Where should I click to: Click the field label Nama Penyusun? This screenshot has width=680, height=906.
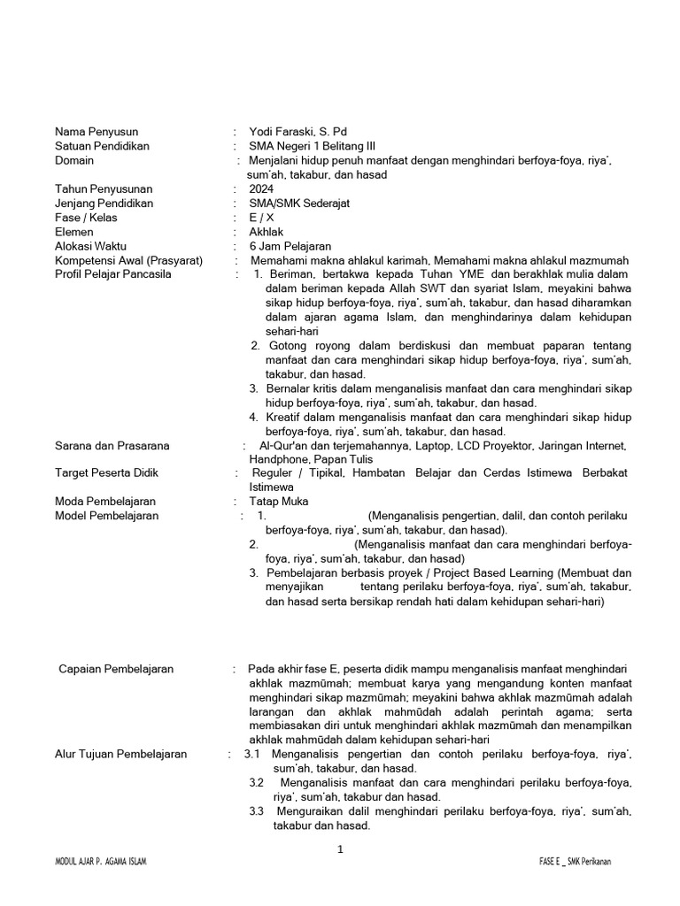[x=97, y=132]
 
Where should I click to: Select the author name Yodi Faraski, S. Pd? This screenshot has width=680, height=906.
[x=297, y=132]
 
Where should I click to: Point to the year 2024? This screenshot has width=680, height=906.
[x=262, y=188]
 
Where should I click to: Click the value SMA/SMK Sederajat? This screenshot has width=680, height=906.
[x=299, y=203]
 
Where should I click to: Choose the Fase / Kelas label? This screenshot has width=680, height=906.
[x=86, y=217]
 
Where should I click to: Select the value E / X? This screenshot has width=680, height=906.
[x=262, y=217]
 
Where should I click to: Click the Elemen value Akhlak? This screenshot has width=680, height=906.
[x=267, y=231]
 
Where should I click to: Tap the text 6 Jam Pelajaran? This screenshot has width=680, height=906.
[x=290, y=246]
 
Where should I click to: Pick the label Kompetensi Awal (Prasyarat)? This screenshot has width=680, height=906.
[x=128, y=260]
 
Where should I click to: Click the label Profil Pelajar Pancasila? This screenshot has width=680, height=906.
[x=113, y=274]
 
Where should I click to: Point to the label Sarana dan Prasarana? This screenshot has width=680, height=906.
[x=112, y=446]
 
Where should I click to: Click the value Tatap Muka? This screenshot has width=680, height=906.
[x=278, y=502]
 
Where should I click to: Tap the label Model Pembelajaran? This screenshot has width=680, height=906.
[x=110, y=516]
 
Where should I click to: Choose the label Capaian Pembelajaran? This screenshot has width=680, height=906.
[x=116, y=668]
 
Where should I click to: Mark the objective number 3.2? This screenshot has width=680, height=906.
[x=257, y=783]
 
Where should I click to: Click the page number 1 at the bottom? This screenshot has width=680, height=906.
[x=340, y=850]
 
